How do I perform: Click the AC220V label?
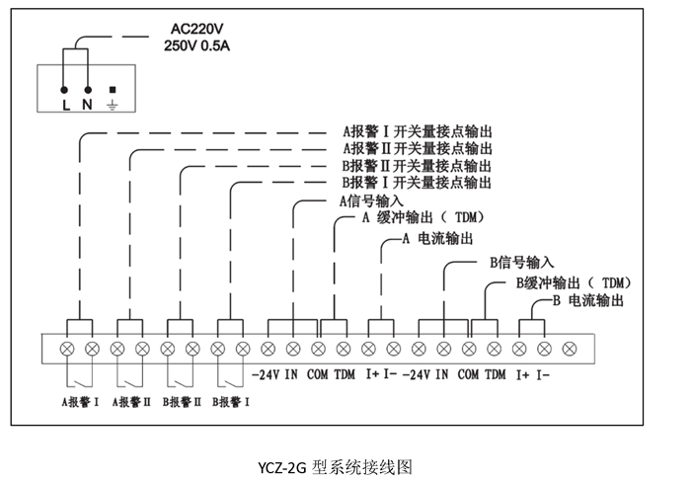pos(197,29)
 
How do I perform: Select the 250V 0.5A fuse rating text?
pos(197,45)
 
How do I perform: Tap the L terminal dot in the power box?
pos(64,90)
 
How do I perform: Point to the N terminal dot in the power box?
pos(88,90)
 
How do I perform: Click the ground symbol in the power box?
pos(113,105)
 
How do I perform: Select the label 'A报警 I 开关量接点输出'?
pos(418,131)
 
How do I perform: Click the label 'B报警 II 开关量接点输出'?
pos(417,166)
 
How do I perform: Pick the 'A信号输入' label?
pos(371,201)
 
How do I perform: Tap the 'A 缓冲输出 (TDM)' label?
pos(423,217)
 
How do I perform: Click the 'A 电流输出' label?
pos(437,238)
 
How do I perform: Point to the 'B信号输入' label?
pos(522,263)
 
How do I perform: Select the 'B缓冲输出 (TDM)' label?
pos(574,282)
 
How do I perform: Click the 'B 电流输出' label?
pos(588,300)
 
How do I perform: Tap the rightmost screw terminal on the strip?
pos(570,349)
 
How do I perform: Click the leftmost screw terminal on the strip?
pos(67,349)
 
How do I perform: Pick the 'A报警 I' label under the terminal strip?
pos(80,402)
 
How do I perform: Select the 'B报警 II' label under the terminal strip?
pos(182,402)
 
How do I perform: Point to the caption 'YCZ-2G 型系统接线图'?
pos(335,467)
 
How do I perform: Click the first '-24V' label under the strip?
pos(266,374)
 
